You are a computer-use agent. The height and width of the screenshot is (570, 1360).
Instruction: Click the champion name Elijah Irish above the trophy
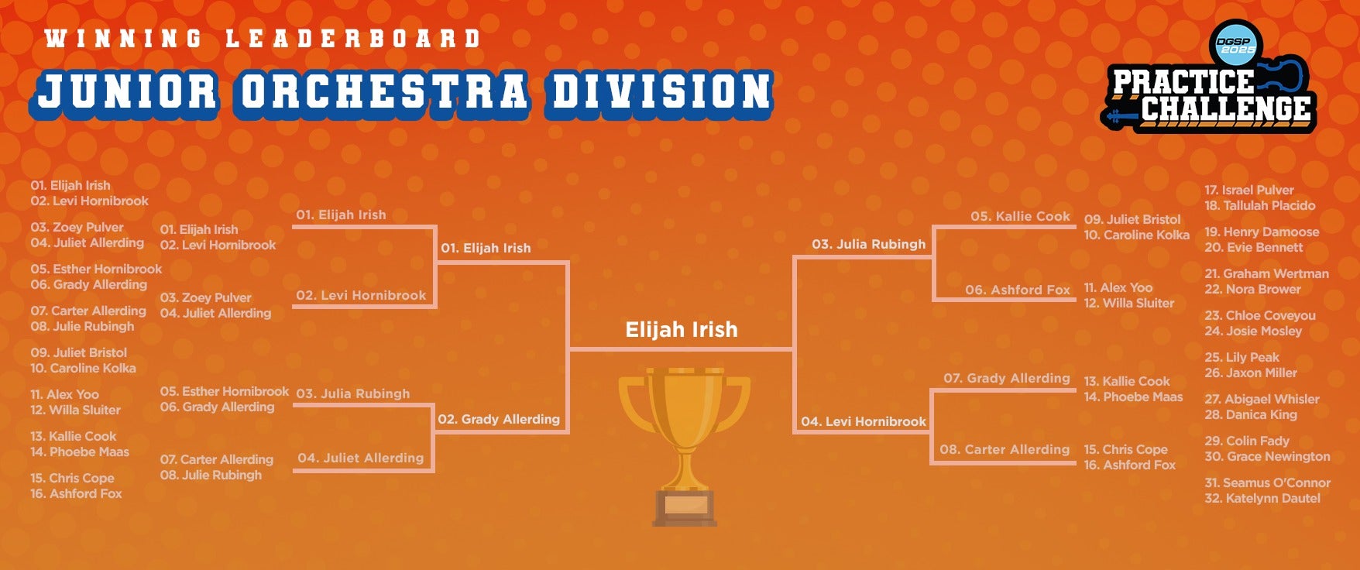click(x=682, y=330)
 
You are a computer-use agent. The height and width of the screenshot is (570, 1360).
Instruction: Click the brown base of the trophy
click(x=685, y=507)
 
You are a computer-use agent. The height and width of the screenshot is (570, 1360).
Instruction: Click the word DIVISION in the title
click(x=662, y=91)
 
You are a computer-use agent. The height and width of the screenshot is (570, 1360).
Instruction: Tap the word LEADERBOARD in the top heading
click(x=353, y=38)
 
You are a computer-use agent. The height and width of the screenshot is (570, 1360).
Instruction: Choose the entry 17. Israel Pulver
click(x=1248, y=190)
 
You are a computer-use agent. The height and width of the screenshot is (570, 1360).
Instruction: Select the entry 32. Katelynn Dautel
click(x=1262, y=498)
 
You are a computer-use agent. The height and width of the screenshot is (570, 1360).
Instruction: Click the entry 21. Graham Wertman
click(x=1266, y=273)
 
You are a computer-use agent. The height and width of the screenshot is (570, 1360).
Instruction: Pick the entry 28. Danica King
click(x=1251, y=414)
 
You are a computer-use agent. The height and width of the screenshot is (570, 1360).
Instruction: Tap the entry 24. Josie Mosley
click(x=1253, y=331)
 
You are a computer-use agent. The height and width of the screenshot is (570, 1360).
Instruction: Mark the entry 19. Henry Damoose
click(x=1262, y=232)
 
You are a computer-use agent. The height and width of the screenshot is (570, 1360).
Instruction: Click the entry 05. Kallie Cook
click(x=1020, y=216)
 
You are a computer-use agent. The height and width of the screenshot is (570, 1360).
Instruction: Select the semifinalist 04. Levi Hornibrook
click(x=864, y=421)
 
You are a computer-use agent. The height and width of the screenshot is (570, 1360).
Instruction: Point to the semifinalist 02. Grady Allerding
click(x=499, y=419)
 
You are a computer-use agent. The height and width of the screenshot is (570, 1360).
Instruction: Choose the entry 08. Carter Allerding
click(x=1005, y=449)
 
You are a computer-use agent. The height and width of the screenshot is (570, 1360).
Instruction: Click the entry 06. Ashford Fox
click(x=1018, y=290)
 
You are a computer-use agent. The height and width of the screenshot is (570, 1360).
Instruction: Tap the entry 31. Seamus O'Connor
click(x=1267, y=482)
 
